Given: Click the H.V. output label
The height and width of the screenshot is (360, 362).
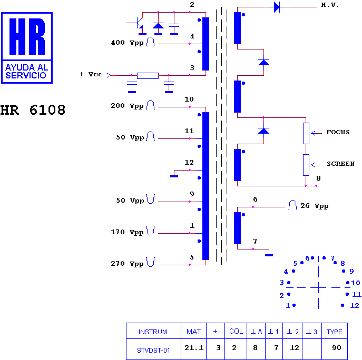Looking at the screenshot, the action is pyautogui.click(x=330, y=5).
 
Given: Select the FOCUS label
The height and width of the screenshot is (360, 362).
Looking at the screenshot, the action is pyautogui.click(x=338, y=132).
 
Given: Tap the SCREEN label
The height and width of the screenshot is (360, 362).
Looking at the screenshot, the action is pyautogui.click(x=340, y=164).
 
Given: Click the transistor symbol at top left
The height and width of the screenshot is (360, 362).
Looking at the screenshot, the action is pyautogui.click(x=139, y=23).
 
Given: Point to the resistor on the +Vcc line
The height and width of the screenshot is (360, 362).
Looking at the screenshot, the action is pyautogui.click(x=148, y=76).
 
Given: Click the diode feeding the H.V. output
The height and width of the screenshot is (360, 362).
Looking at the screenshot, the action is pyautogui.click(x=277, y=7).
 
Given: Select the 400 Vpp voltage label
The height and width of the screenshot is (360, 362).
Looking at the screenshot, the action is pyautogui.click(x=127, y=43).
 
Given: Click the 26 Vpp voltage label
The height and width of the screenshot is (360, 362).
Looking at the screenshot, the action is pyautogui.click(x=315, y=206).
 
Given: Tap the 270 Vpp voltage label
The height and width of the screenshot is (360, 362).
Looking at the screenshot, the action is pyautogui.click(x=127, y=264).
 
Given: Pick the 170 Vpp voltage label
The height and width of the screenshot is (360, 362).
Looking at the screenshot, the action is pyautogui.click(x=127, y=232).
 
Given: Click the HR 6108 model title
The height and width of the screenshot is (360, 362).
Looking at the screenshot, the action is pyautogui.click(x=33, y=110).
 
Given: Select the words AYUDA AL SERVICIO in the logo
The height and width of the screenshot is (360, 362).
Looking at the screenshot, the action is pyautogui.click(x=27, y=71).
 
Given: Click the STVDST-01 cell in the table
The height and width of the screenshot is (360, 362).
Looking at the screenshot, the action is pyautogui.click(x=153, y=351).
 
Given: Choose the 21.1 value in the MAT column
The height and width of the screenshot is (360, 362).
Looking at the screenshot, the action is pyautogui.click(x=194, y=347).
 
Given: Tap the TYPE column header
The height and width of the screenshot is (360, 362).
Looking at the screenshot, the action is pyautogui.click(x=334, y=332).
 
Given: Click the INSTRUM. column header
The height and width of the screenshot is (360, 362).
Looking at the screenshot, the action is pyautogui.click(x=153, y=332).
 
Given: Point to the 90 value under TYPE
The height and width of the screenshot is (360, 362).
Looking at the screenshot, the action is pyautogui.click(x=337, y=347).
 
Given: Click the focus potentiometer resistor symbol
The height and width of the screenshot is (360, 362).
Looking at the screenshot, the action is pyautogui.click(x=306, y=133).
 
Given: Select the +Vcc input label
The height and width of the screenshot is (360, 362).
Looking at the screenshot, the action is pyautogui.click(x=91, y=74).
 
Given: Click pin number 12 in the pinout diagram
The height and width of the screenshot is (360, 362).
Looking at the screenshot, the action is pyautogui.click(x=355, y=306).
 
